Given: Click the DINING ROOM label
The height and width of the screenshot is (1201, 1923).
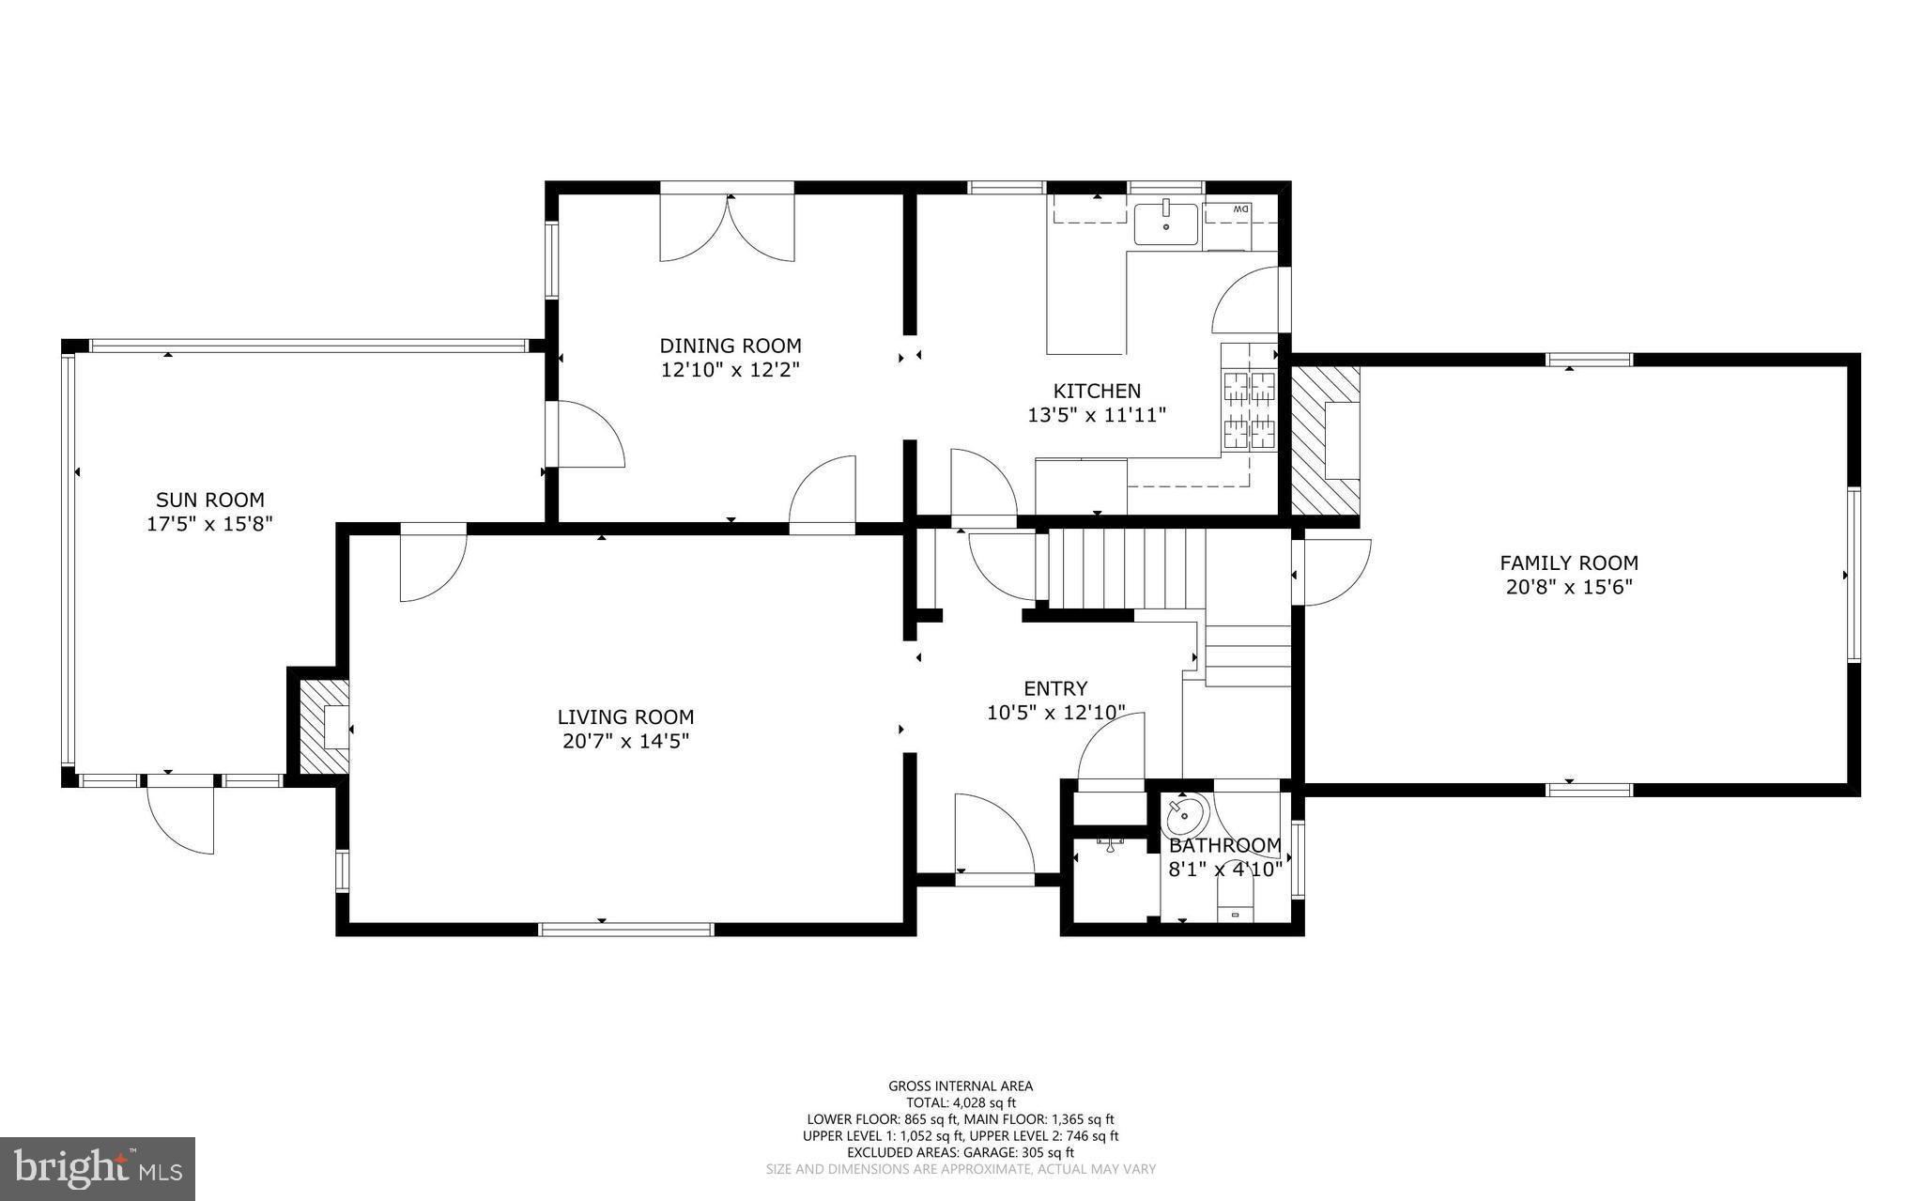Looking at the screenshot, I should [730, 346].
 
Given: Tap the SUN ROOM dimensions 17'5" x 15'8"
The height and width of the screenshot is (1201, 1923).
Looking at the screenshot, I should [208, 524].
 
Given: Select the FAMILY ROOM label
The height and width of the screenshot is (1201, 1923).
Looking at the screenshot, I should [1568, 562].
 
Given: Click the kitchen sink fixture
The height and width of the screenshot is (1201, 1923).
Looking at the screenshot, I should [1165, 224].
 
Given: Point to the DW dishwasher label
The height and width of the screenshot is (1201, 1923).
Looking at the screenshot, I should [1239, 208].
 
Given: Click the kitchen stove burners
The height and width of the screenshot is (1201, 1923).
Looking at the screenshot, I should [1249, 410].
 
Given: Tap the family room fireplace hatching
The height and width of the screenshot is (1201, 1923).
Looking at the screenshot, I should [1325, 440].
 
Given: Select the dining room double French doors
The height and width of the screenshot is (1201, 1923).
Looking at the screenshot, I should [727, 228].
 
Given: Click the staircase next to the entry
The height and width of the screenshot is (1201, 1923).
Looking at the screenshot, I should [1124, 569].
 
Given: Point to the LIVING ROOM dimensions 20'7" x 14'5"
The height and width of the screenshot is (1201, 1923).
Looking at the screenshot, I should [625, 741].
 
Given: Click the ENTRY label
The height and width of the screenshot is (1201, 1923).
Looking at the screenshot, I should [1055, 688].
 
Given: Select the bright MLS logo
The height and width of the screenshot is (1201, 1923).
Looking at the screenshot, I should [98, 1168].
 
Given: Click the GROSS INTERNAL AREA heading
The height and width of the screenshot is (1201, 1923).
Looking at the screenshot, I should [961, 1086].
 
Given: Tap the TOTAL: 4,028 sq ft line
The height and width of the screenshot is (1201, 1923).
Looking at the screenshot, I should [961, 1103].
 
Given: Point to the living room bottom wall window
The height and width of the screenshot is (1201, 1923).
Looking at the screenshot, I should [625, 929].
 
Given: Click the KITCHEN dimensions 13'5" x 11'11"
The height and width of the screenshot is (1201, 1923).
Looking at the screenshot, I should [1096, 414].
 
